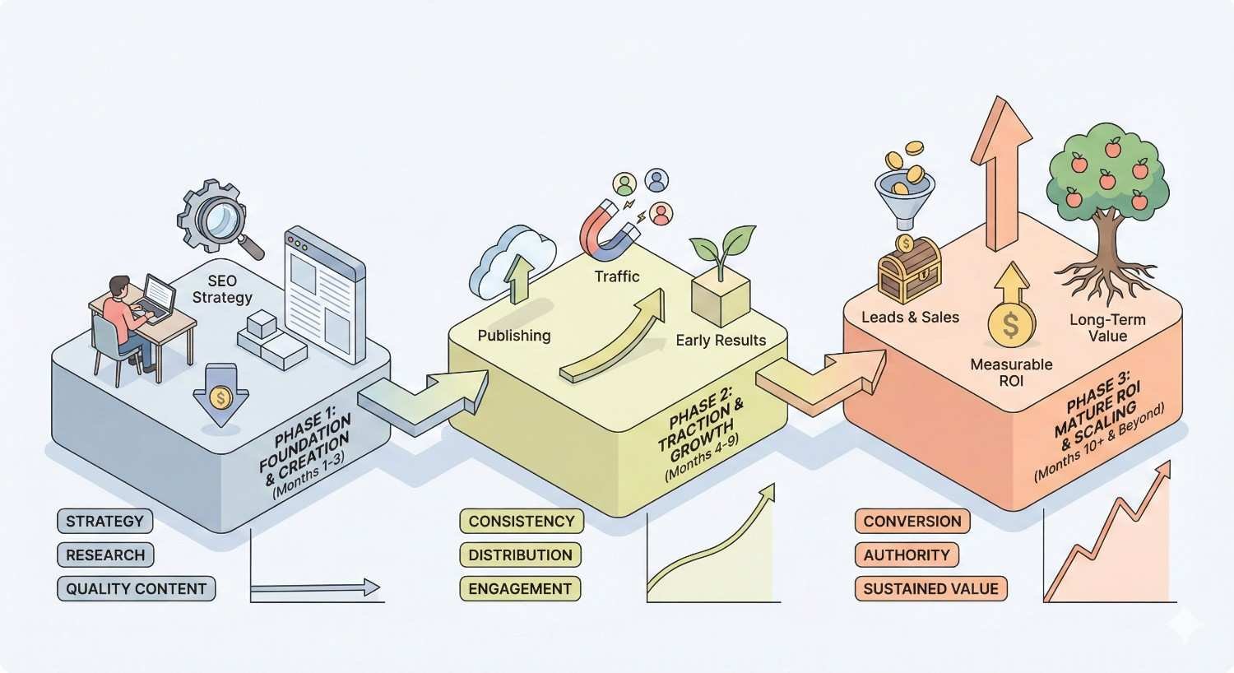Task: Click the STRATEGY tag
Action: [104, 521]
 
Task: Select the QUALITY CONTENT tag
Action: [136, 588]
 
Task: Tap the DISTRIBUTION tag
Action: [520, 555]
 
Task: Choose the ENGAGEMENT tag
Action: [519, 588]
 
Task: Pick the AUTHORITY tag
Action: [906, 555]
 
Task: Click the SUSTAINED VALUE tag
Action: [930, 588]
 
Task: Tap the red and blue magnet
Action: [610, 224]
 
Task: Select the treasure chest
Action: [909, 269]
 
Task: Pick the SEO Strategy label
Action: [221, 289]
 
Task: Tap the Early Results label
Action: [720, 340]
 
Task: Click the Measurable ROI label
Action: [1010, 372]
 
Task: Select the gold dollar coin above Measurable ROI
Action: [1011, 325]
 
